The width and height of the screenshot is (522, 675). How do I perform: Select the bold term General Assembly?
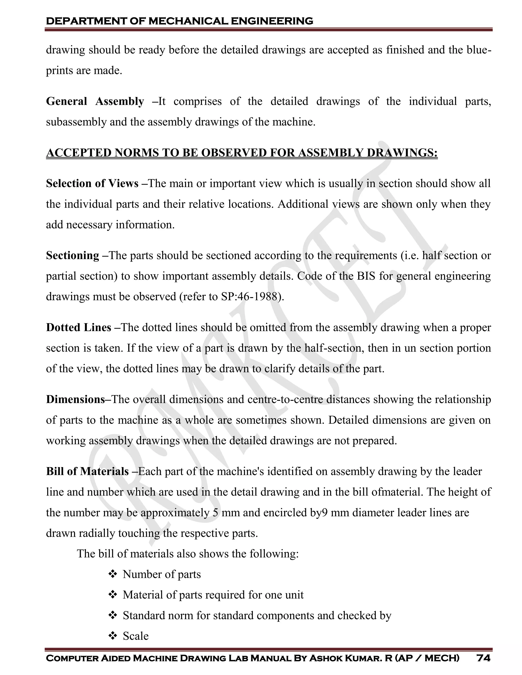click(95, 101)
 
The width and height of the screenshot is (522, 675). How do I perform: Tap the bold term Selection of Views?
click(92, 184)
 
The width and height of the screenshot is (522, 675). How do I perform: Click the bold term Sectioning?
click(73, 255)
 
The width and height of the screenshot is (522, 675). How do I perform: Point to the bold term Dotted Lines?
click(79, 328)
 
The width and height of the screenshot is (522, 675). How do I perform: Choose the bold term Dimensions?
click(75, 400)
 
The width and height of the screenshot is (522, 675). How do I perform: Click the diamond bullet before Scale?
click(113, 636)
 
